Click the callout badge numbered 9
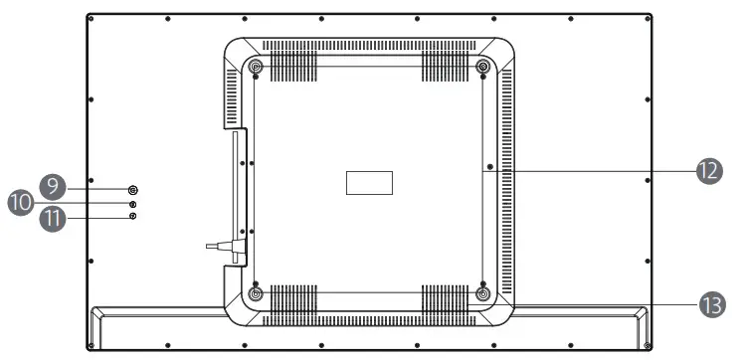tap(53, 186)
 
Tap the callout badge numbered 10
tap(21, 203)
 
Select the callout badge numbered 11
tap(53, 219)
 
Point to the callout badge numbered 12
tap(709, 171)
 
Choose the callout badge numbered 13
tap(712, 304)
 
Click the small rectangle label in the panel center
tap(369, 183)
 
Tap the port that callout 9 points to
tap(132, 190)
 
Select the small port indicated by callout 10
tap(133, 204)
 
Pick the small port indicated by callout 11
tap(133, 216)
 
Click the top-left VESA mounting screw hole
tap(256, 66)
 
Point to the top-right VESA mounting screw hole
tap(482, 66)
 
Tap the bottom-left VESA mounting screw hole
tap(256, 293)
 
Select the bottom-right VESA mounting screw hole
tap(482, 293)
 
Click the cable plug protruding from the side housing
tap(226, 247)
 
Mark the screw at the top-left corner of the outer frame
tap(91, 19)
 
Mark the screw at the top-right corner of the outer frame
tap(648, 19)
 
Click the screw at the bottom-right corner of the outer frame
tap(648, 345)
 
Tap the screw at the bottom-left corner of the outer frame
tap(91, 345)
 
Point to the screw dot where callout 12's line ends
tap(490, 167)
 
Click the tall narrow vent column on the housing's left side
tap(232, 96)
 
